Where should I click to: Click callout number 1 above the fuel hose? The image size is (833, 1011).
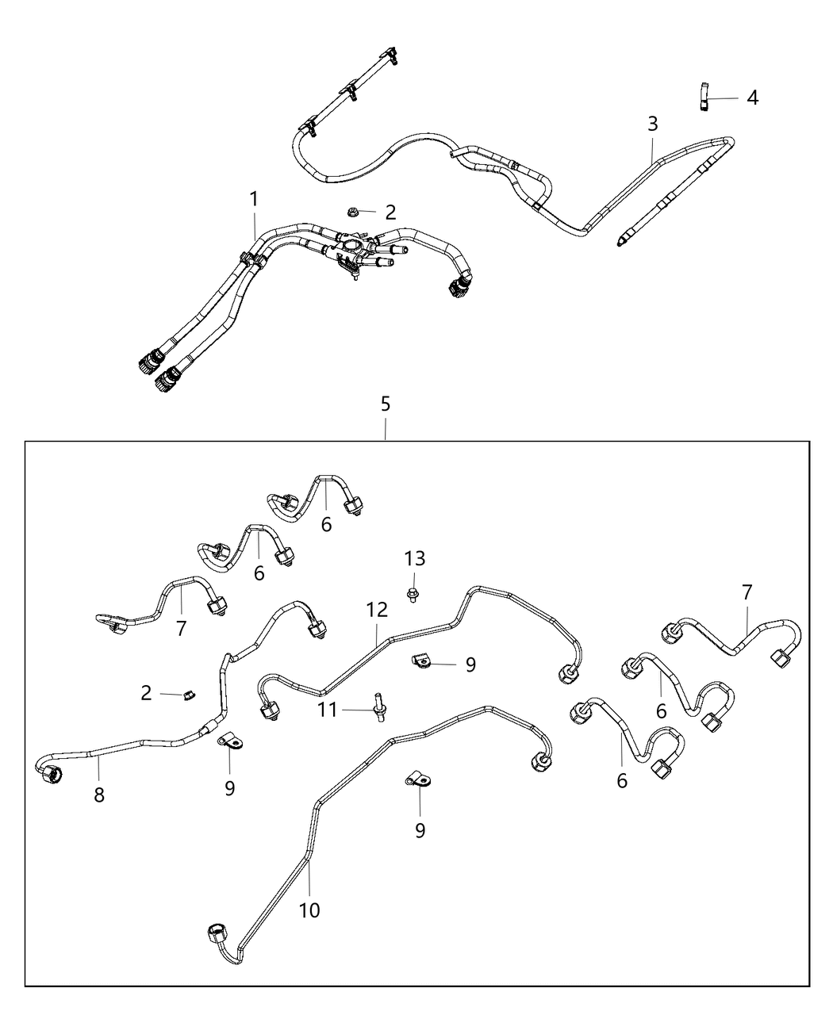pyautogui.click(x=254, y=199)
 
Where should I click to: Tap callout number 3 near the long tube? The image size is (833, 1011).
pyautogui.click(x=652, y=124)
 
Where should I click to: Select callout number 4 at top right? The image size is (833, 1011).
pyautogui.click(x=752, y=98)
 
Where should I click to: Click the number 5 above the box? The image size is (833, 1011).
pyautogui.click(x=386, y=404)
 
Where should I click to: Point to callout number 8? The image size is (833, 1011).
pyautogui.click(x=99, y=795)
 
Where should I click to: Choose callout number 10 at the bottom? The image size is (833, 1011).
pyautogui.click(x=309, y=910)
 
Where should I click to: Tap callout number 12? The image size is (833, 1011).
pyautogui.click(x=377, y=610)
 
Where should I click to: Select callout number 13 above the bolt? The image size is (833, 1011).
pyautogui.click(x=414, y=559)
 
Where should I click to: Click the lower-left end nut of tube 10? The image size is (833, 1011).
pyautogui.click(x=217, y=933)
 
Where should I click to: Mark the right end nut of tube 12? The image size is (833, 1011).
pyautogui.click(x=569, y=672)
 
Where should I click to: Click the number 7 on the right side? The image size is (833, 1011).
pyautogui.click(x=747, y=592)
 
